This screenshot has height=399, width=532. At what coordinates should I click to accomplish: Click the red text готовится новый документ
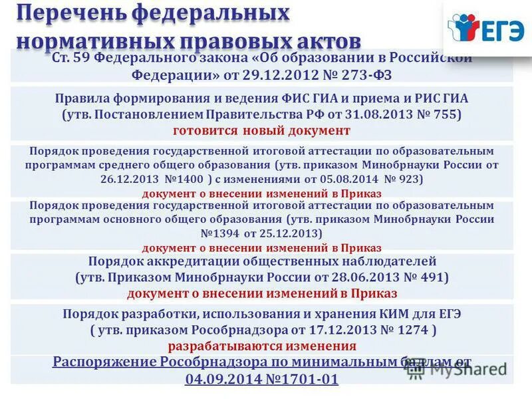pos(261,130)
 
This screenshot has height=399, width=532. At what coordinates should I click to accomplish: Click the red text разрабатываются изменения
pos(262,346)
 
